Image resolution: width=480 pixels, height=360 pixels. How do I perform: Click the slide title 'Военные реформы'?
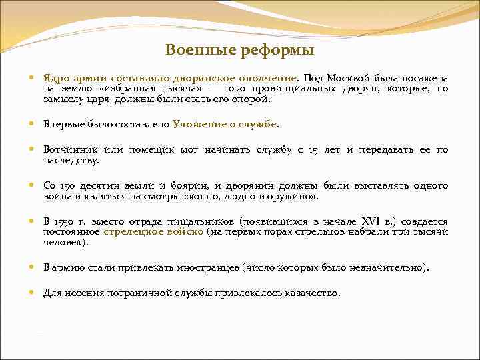[x=239, y=50]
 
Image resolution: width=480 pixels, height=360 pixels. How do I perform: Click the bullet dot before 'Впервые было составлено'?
[x=33, y=124]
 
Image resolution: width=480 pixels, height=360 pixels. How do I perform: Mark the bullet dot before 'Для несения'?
[x=33, y=292]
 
